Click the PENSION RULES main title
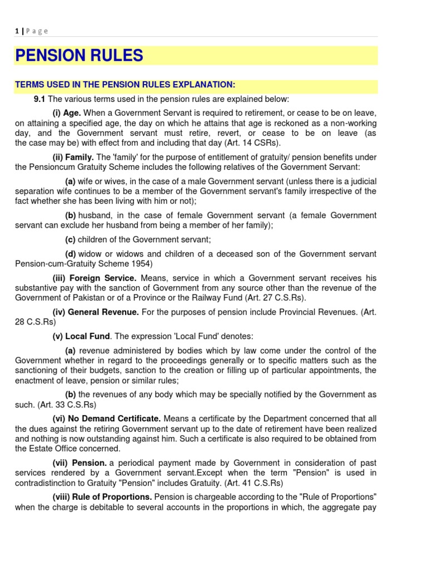[79, 56]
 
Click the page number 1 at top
[17, 31]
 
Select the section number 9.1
[39, 99]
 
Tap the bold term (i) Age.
[67, 113]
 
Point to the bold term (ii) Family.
[73, 158]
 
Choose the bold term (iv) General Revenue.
[96, 312]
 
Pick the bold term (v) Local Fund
[82, 337]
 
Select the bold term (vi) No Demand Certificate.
[107, 418]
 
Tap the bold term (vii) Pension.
[80, 463]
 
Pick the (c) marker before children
[70, 240]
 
